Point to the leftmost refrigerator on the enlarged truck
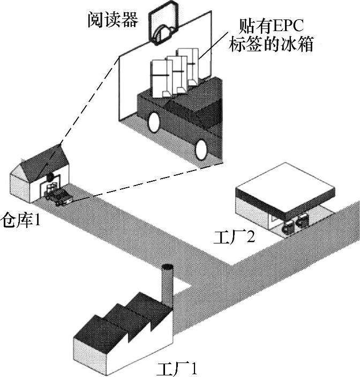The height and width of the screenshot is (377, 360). coord(159,78)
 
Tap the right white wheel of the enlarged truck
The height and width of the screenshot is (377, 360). coord(201,150)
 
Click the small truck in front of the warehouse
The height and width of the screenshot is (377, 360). coord(59,197)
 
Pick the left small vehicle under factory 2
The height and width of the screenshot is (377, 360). coord(288,225)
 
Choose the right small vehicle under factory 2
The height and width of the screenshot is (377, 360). coord(304,220)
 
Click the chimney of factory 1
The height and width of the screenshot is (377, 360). coord(167,284)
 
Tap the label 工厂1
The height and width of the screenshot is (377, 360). coord(177,369)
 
